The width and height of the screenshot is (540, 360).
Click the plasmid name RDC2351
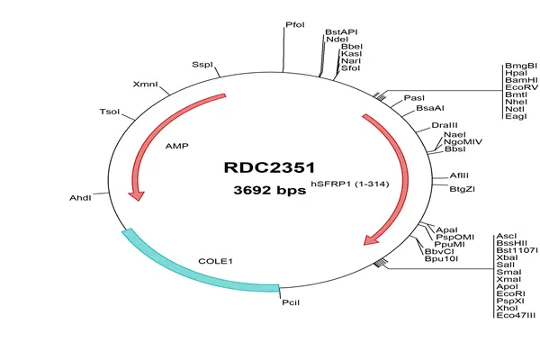269,167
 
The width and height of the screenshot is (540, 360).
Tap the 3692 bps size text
270,190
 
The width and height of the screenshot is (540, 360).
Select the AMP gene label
177,146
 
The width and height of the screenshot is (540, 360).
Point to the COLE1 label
216,261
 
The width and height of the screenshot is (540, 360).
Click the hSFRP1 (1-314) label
350,184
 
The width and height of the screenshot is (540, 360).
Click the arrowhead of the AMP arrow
137,195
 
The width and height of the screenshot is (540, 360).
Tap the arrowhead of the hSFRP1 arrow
371,239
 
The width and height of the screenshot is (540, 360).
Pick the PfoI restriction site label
295,25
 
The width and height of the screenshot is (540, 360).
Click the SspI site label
202,65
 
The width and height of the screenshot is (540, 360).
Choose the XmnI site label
145,84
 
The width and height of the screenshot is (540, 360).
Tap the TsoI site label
110,112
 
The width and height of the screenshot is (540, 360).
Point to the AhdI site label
81,198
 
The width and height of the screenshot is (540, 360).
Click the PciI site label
291,302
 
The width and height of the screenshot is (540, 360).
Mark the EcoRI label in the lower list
510,294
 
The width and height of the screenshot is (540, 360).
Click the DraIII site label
445,125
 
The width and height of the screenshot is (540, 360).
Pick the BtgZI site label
463,189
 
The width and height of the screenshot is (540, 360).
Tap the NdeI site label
337,40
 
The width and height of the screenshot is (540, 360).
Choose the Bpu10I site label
441,258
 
